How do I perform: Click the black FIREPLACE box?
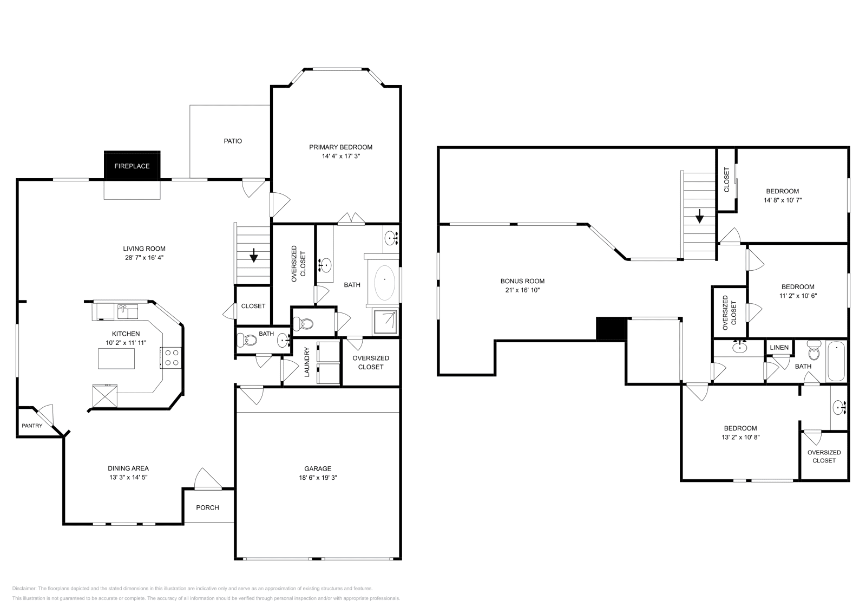(132, 165)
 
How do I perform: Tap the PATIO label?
(233, 141)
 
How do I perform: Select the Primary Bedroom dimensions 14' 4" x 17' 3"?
(340, 156)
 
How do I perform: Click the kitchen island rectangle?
(116, 358)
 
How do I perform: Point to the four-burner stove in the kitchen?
(172, 358)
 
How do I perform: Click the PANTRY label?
(32, 426)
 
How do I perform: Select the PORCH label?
(207, 507)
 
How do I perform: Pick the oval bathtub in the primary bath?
(385, 281)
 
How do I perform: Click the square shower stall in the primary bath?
(386, 322)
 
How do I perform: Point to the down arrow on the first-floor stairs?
(253, 255)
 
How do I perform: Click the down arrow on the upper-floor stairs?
(699, 218)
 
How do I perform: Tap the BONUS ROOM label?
(522, 281)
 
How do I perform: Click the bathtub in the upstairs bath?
(836, 361)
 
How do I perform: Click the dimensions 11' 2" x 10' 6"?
(797, 296)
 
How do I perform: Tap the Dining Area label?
(128, 468)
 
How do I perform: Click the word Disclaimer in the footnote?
(24, 588)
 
